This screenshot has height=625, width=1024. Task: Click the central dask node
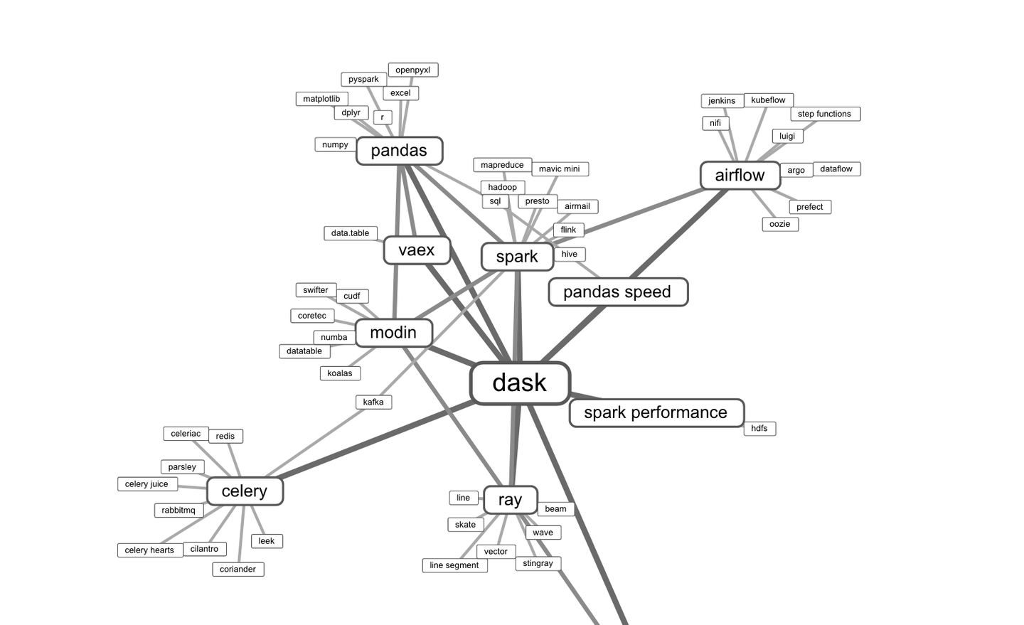tap(520, 383)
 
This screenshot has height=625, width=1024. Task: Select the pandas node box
tap(399, 151)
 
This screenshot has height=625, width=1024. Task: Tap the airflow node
tap(740, 176)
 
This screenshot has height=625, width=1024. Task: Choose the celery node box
tap(245, 491)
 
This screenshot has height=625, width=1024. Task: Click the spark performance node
tap(656, 413)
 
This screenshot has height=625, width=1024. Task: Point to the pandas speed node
tap(617, 292)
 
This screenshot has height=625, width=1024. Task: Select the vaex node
tap(417, 250)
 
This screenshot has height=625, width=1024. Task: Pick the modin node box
tap(393, 333)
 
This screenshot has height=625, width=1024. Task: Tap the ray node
tap(510, 500)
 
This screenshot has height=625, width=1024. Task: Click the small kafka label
tap(373, 402)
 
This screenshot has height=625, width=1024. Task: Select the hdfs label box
tap(759, 428)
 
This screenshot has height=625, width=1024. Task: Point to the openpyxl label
tap(412, 70)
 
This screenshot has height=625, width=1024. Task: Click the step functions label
tap(824, 114)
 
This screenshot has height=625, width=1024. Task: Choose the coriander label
tap(238, 570)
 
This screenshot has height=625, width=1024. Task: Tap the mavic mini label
tap(559, 169)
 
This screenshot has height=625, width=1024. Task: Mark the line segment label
tap(454, 565)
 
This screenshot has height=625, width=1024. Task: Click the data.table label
tap(350, 233)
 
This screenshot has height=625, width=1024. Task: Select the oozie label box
tap(779, 224)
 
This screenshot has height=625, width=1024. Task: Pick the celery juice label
tap(146, 484)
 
